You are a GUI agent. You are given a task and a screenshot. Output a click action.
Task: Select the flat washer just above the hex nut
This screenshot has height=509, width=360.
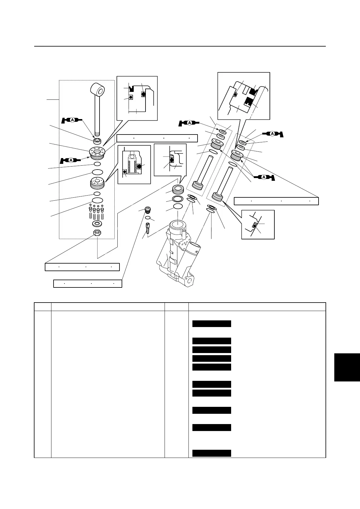pyautogui.click(x=97, y=224)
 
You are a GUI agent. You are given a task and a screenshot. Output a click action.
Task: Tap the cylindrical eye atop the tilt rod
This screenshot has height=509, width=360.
pyautogui.click(x=98, y=90)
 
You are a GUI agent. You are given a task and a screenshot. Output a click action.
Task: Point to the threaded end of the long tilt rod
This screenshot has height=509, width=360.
pyautogui.click(x=97, y=133)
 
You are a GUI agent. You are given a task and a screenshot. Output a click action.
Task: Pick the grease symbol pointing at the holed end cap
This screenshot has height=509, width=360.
pyautogui.click(x=71, y=160)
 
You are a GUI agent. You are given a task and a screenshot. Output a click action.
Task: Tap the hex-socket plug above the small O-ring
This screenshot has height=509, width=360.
pyautogui.click(x=148, y=209)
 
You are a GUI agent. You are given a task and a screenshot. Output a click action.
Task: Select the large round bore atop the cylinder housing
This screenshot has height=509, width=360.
pyautogui.click(x=178, y=225)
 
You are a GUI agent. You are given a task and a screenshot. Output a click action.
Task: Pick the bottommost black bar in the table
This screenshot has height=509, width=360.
pyautogui.click(x=212, y=453)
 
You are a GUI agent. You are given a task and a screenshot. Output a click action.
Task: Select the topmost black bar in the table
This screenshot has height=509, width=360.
pyautogui.click(x=212, y=324)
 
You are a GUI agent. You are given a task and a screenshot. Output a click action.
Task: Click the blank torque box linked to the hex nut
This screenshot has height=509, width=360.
pyautogui.click(x=82, y=267)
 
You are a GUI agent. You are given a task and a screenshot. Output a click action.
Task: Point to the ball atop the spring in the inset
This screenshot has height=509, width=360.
pyautogui.click(x=131, y=157)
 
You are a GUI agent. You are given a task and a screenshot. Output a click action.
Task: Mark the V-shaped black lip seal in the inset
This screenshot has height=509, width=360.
pyautogui.click(x=131, y=89)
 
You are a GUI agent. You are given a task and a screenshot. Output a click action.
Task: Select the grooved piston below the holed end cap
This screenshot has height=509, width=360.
pyautogui.click(x=97, y=183)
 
